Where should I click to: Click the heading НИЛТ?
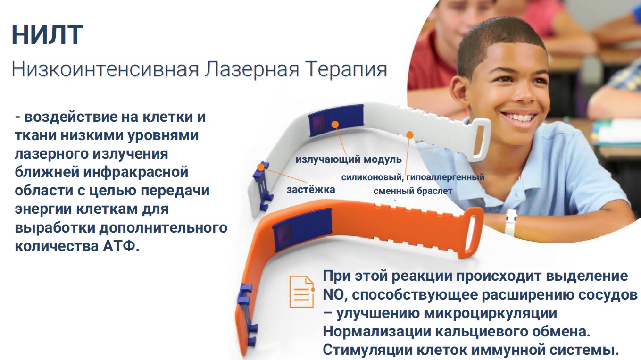47,35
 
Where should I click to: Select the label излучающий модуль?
349,159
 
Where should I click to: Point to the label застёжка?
311,190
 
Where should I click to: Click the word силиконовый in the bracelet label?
372,177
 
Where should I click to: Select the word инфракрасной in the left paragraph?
136,172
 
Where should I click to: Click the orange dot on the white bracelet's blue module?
335,124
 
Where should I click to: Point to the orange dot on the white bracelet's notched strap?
410,135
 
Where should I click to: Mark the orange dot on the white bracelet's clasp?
260,167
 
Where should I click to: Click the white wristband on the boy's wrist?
510,222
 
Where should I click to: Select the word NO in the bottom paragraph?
333,295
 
